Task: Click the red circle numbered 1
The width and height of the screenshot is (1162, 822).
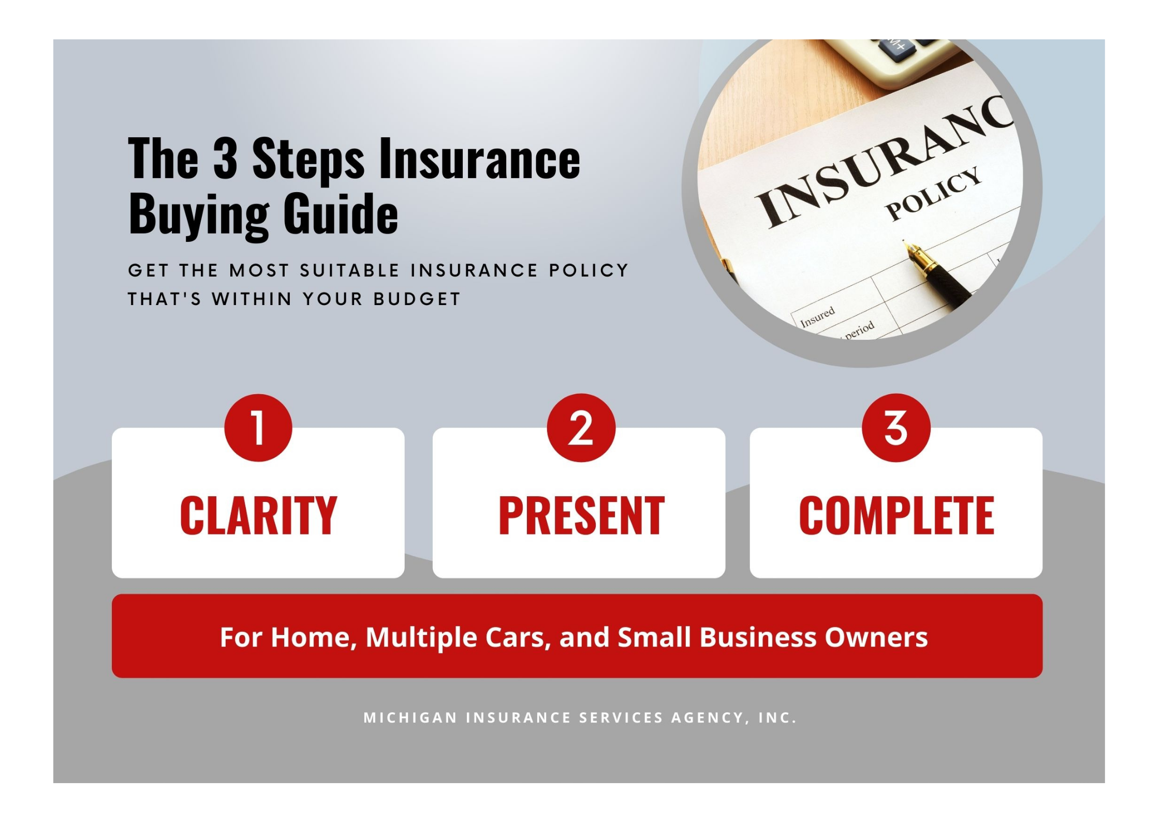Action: [258, 428]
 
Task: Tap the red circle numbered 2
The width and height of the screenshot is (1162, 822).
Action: [581, 428]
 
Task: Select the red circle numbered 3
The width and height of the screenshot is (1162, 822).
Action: [896, 428]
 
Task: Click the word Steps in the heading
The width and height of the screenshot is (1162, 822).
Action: [308, 161]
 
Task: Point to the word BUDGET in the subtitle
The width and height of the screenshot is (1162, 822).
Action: [417, 299]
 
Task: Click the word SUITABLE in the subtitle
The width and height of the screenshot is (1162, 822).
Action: [349, 270]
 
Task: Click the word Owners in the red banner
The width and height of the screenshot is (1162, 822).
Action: [876, 637]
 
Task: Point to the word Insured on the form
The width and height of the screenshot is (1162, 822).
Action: [818, 317]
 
